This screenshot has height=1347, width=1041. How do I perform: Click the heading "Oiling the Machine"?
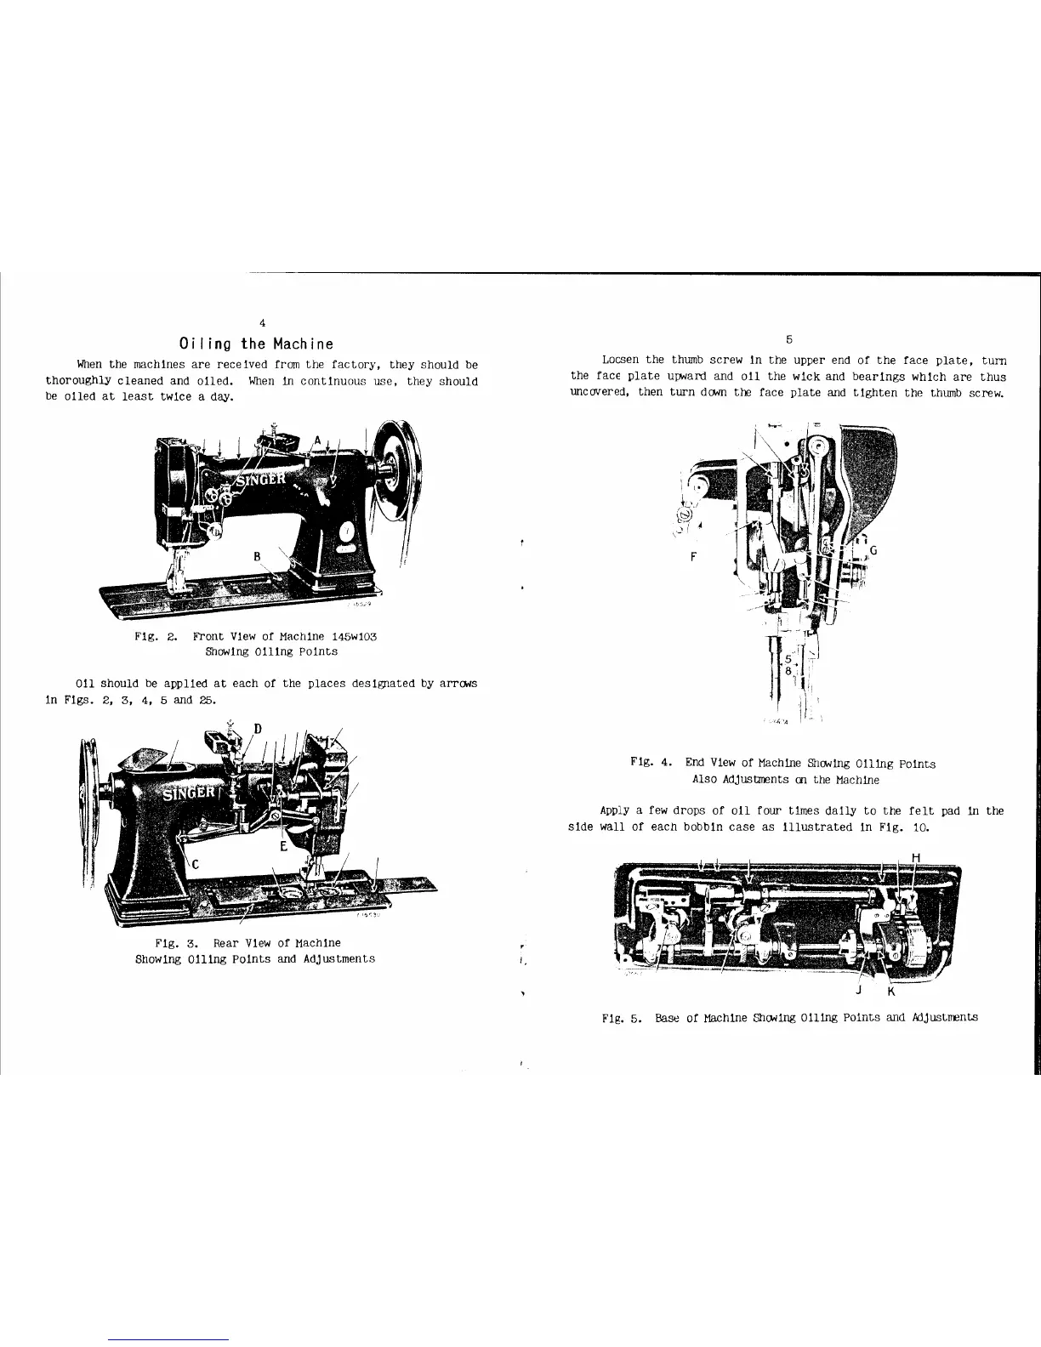point(256,344)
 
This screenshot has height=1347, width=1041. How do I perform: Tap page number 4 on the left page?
point(263,322)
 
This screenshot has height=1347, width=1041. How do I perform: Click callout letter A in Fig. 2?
point(317,440)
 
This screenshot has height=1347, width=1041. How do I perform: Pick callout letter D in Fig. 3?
point(257,728)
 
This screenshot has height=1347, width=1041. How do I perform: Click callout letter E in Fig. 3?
point(284,847)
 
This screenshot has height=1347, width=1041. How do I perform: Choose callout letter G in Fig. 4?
point(873,550)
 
